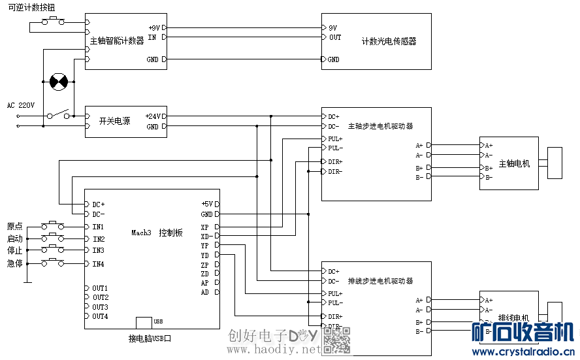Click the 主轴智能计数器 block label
[x=117, y=41]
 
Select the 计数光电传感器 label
[x=389, y=41]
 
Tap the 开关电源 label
[x=114, y=121]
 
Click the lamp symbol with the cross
[x=59, y=82]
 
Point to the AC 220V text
[x=21, y=105]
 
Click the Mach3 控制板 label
[x=157, y=233]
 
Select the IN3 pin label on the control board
[x=99, y=251]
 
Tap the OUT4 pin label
[x=100, y=317]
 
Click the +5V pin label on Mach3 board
[x=206, y=204]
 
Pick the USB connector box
[x=144, y=323]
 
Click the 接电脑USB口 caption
[x=150, y=338]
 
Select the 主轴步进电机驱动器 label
[x=380, y=126]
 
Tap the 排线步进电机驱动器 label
[x=380, y=281]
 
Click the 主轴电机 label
[x=514, y=163]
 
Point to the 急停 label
[x=14, y=263]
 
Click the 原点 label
[x=14, y=226]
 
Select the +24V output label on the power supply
[x=153, y=116]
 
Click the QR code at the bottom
[x=338, y=340]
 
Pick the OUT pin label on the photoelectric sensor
[x=335, y=37]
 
